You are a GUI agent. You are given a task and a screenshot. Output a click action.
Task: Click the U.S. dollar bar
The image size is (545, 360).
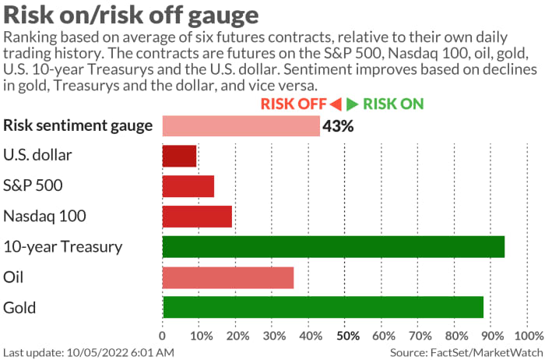point(179,156)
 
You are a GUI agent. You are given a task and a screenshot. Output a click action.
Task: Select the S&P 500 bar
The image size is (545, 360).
point(188,186)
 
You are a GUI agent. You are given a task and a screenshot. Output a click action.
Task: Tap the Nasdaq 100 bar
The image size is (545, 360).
point(197,216)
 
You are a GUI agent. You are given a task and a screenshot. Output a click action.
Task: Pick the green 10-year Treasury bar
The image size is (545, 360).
point(333,246)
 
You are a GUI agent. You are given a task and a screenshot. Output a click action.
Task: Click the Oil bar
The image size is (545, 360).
point(227,277)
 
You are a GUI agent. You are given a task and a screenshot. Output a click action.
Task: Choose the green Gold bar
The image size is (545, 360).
point(322,307)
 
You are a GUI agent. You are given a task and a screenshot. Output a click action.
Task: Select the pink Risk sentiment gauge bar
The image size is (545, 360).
point(241,125)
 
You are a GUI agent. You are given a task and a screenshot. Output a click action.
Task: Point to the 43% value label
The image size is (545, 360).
point(338,125)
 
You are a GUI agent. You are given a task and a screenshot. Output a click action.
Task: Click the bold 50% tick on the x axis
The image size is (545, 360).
point(347,336)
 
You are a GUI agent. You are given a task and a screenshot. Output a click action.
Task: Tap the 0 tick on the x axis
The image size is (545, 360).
point(162,336)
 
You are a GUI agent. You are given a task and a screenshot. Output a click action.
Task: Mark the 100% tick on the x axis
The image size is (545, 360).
point(529,336)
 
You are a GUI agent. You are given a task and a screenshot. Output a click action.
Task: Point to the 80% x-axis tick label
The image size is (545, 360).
point(456,336)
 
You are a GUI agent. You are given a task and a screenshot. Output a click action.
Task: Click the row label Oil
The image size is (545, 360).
point(15,277)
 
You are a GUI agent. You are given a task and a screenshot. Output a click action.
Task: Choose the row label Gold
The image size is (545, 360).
point(19,307)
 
